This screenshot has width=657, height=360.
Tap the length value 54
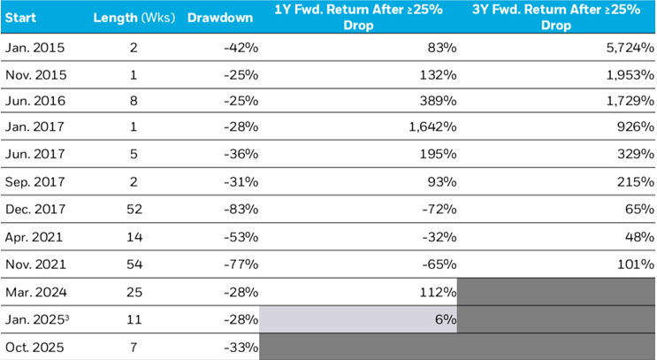coord(134,264)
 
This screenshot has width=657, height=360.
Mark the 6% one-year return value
coord(446,318)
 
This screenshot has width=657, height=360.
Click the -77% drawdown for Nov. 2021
coord(241,264)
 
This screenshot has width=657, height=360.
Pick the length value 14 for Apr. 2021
coord(134,238)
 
